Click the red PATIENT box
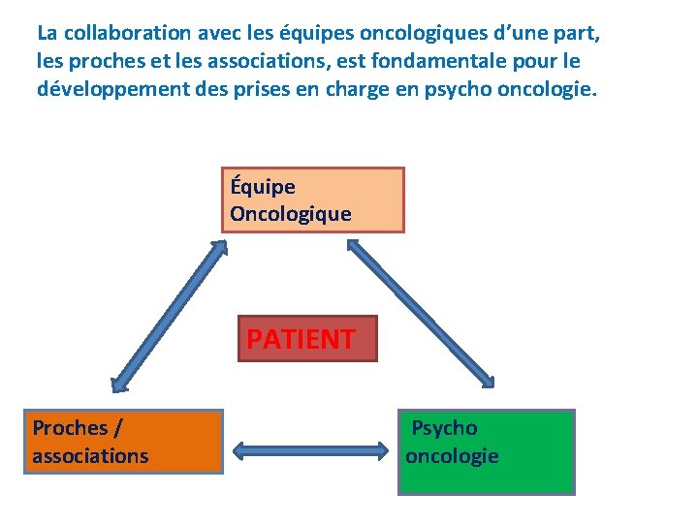tap(307, 339)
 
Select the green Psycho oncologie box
tap(486, 452)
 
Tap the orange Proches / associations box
tap(126, 442)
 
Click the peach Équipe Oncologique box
tap(312, 200)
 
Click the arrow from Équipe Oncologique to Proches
tap(170, 316)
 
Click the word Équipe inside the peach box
tap(263, 186)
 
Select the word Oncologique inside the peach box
tap(291, 214)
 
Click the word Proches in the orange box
tap(70, 427)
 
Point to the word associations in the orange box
tap(90, 455)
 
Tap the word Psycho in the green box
tap(445, 427)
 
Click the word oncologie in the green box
tap(452, 455)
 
